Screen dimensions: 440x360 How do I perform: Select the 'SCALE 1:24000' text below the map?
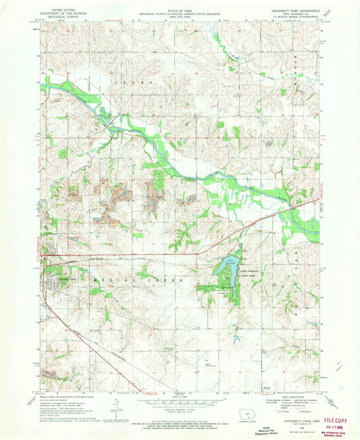[179, 394]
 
